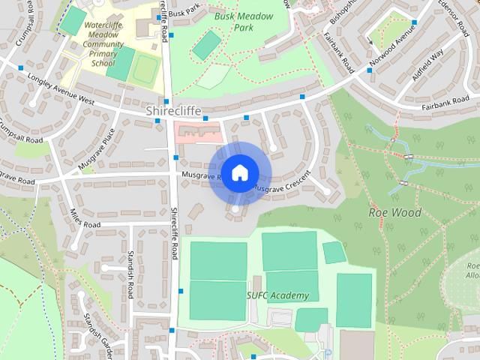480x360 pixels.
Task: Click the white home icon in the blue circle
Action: [238, 172]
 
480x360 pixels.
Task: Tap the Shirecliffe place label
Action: [172, 111]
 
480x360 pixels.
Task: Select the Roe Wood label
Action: [394, 212]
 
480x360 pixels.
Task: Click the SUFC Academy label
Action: [277, 295]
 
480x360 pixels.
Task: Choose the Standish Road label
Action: [130, 274]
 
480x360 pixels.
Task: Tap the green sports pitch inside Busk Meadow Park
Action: [206, 46]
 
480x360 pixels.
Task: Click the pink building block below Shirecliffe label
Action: [198, 132]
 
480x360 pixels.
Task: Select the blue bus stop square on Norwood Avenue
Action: [369, 70]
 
